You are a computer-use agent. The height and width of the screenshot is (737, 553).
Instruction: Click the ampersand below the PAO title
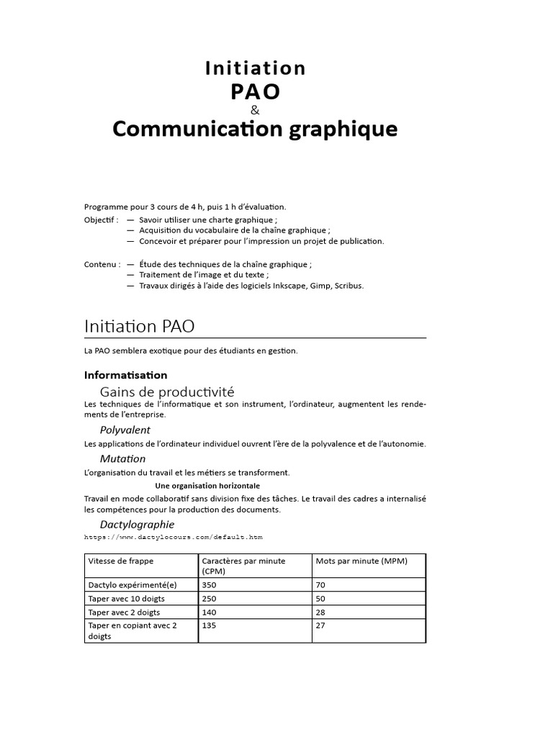tap(254, 110)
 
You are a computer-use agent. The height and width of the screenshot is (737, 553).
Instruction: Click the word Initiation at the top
tap(256, 68)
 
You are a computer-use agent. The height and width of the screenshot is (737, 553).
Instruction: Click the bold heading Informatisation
tap(125, 375)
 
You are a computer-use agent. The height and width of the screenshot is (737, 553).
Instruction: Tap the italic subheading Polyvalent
tap(125, 430)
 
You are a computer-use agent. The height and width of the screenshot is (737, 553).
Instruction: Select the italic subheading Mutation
tap(122, 458)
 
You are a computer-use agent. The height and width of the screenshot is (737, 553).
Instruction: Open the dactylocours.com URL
tap(173, 537)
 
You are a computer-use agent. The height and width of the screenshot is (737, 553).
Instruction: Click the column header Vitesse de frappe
tap(120, 561)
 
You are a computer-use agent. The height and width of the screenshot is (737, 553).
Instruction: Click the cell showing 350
tap(210, 586)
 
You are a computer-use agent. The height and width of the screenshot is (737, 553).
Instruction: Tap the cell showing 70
tap(320, 586)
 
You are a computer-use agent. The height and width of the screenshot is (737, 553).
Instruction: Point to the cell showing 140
tap(210, 612)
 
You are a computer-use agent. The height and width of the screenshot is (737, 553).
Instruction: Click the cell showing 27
tap(320, 625)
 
